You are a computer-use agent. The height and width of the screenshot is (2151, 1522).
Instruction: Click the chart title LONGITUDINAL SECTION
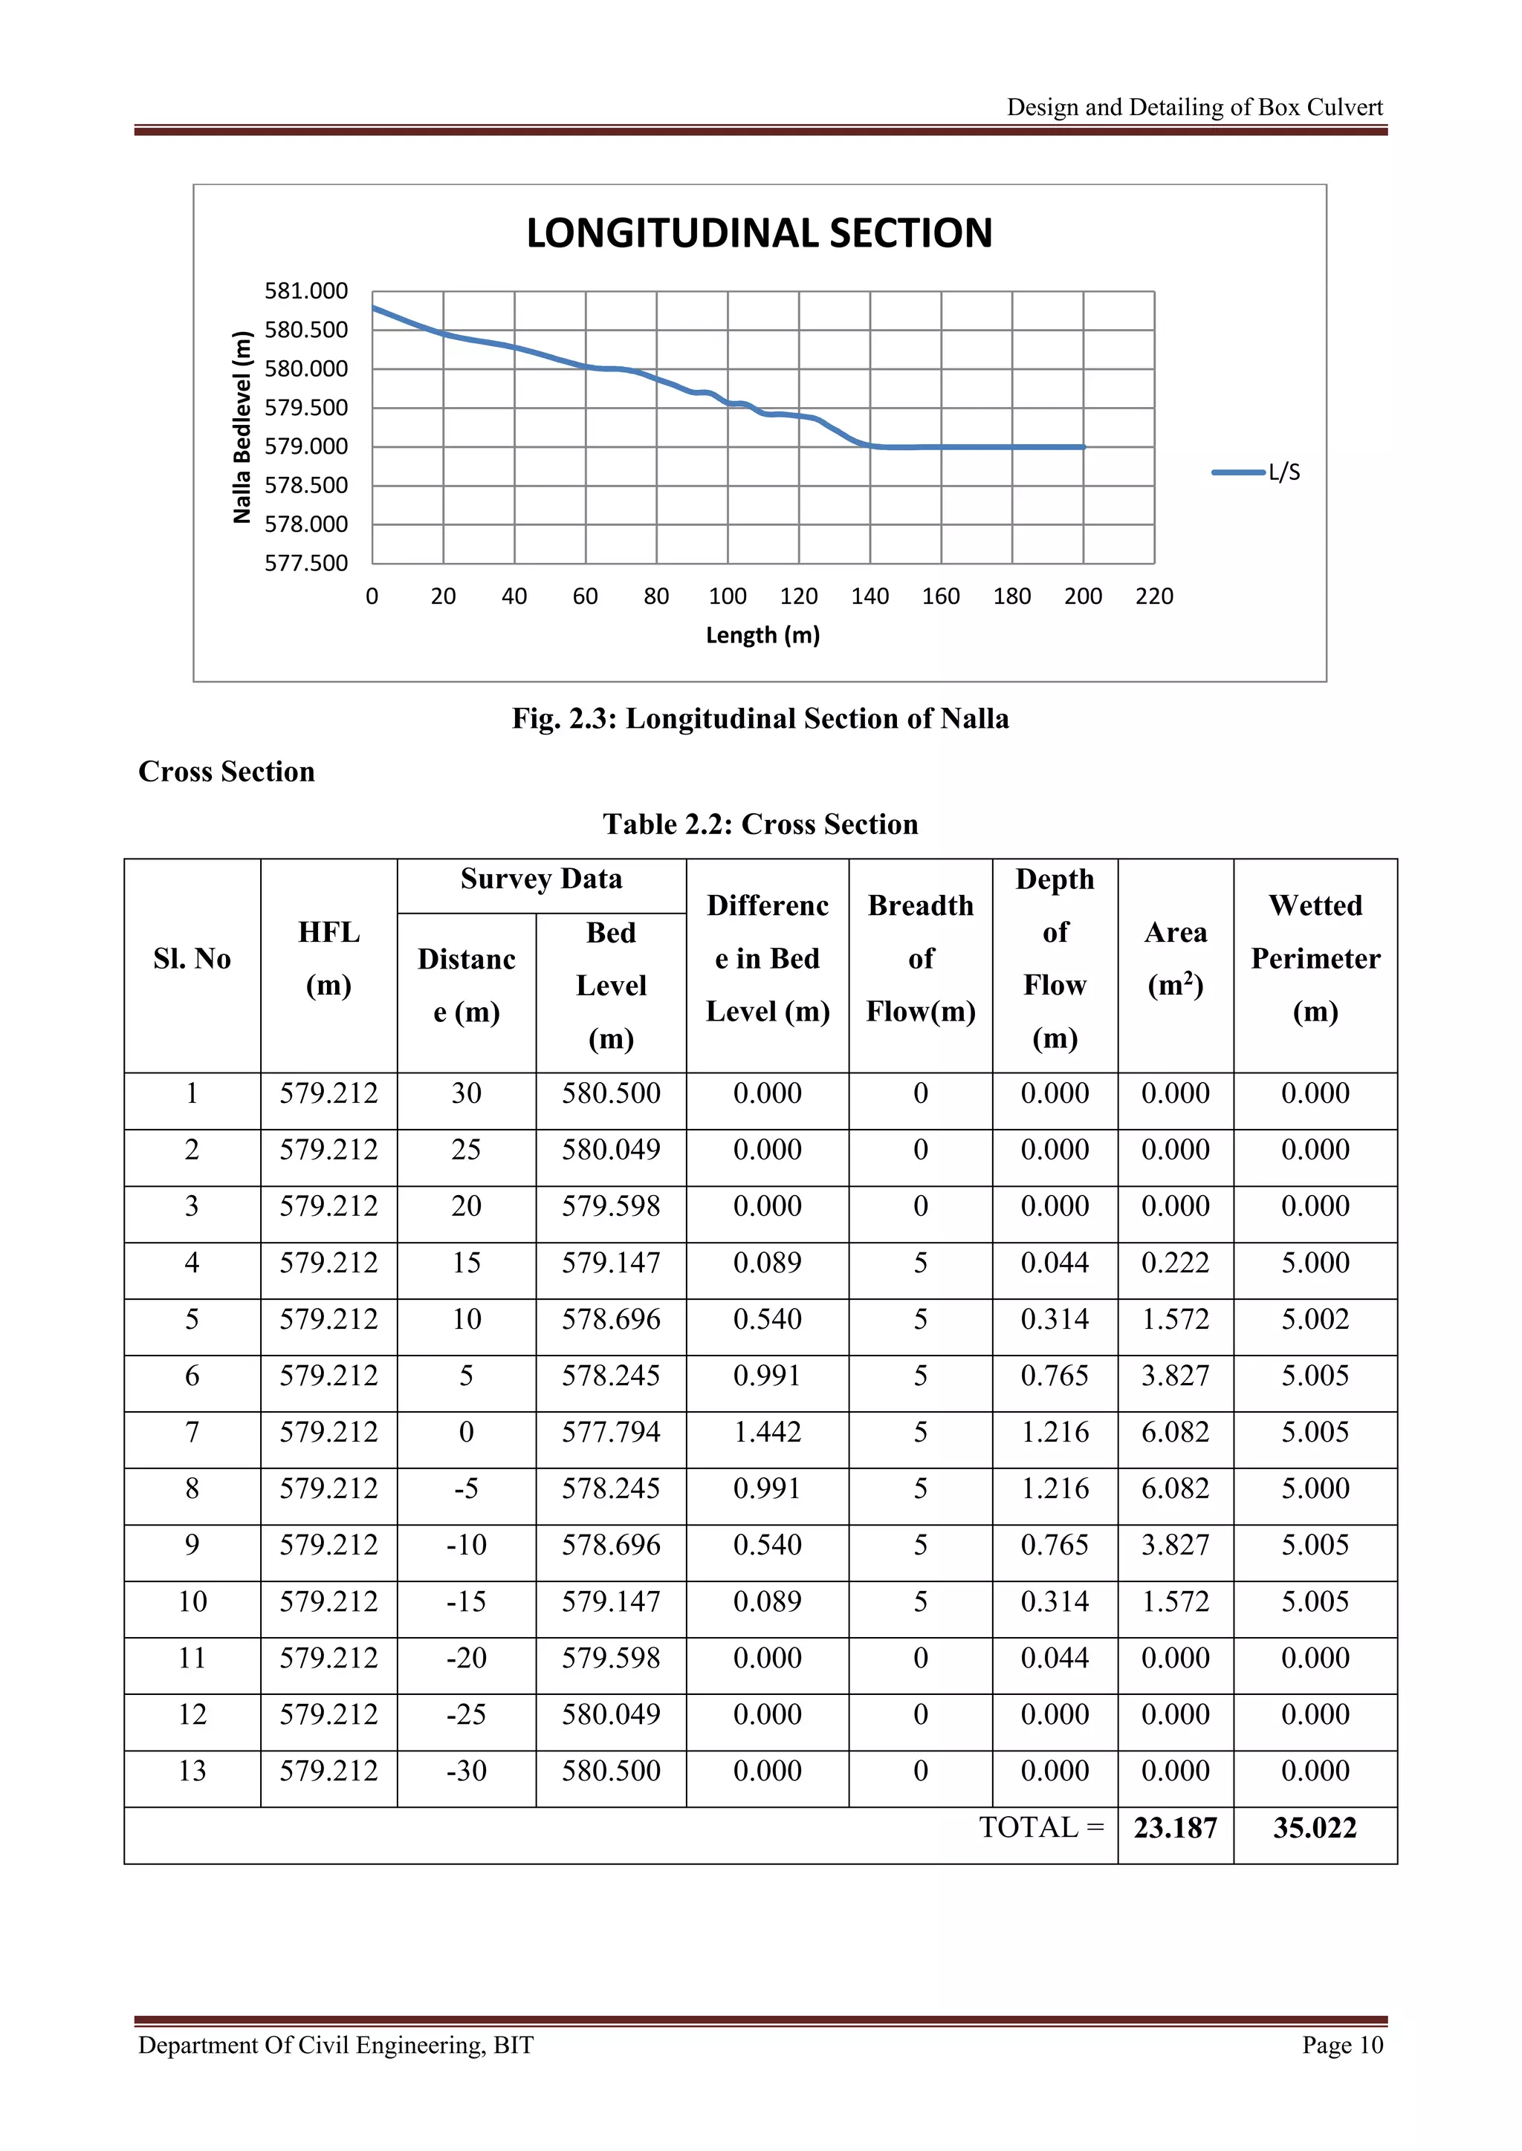pos(759,233)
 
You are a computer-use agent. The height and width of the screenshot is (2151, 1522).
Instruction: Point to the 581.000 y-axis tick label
pos(305,291)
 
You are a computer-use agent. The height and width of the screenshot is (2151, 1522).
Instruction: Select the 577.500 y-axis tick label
pos(305,563)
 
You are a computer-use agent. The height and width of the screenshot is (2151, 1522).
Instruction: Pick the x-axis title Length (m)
pos(762,635)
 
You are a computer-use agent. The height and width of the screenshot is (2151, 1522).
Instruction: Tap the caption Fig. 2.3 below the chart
pos(760,718)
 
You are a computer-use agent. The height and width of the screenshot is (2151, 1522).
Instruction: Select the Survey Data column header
pos(541,879)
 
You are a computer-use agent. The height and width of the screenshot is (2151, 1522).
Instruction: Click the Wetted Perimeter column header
pos(1315,958)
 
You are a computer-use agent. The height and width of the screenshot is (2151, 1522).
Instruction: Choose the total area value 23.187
pos(1175,1828)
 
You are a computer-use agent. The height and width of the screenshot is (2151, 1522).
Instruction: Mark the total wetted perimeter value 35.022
pos(1315,1828)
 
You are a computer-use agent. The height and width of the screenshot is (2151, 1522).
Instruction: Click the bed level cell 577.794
pos(611,1433)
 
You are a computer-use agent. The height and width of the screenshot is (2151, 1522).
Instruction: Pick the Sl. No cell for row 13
pos(192,1771)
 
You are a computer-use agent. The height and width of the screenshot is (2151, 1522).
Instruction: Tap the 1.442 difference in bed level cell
pos(767,1433)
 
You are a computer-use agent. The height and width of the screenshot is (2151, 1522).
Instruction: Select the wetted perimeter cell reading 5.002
pos(1315,1319)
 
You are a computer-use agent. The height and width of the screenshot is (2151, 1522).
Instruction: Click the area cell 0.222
pos(1175,1263)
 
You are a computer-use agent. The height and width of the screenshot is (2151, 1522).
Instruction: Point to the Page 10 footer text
pos(1341,2045)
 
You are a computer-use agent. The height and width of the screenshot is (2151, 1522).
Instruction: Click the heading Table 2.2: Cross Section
pos(760,824)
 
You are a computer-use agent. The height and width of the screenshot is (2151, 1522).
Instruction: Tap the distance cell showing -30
pos(466,1771)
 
